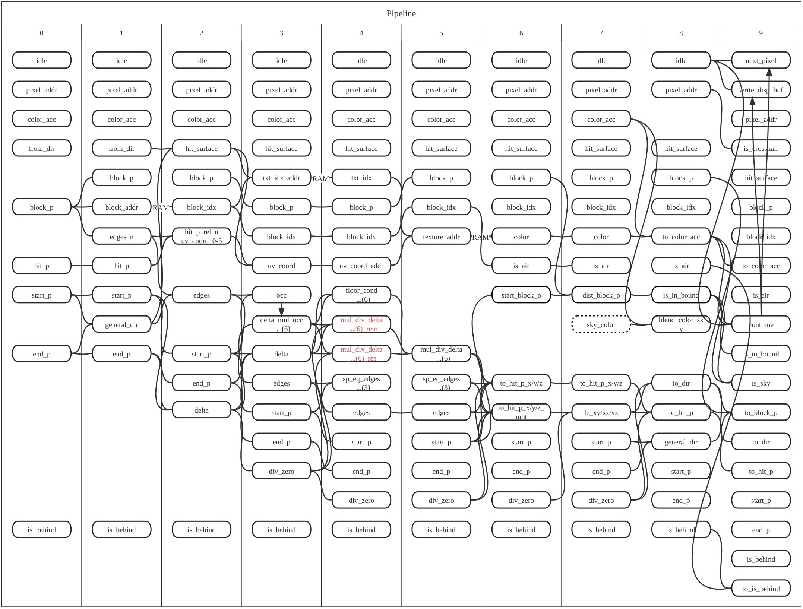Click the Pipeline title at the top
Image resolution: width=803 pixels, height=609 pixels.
pyautogui.click(x=401, y=14)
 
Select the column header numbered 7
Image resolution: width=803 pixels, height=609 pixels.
pyautogui.click(x=601, y=33)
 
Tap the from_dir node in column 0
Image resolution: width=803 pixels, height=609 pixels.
pyautogui.click(x=41, y=148)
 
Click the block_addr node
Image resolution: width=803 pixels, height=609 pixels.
pyautogui.click(x=121, y=207)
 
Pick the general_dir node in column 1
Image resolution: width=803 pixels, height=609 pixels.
pyautogui.click(x=121, y=324)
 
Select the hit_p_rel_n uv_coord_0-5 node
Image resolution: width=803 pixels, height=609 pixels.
pyautogui.click(x=201, y=237)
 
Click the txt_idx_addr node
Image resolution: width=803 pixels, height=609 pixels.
pyautogui.click(x=281, y=178)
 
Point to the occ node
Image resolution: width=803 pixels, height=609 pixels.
pyautogui.click(x=281, y=295)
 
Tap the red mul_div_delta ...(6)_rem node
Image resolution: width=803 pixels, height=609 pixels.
pyautogui.click(x=361, y=324)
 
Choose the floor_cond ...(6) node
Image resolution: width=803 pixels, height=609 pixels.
pyautogui.click(x=361, y=295)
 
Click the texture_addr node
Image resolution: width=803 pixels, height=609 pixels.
pyautogui.click(x=441, y=237)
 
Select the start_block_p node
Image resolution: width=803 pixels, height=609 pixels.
pyautogui.click(x=521, y=295)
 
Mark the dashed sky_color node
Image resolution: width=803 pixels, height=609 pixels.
pyautogui.click(x=601, y=324)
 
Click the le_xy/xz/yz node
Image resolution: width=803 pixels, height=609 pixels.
pyautogui.click(x=601, y=412)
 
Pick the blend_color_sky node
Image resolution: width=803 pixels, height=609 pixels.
pyautogui.click(x=681, y=324)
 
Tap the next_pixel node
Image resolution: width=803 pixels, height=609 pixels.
pyautogui.click(x=761, y=60)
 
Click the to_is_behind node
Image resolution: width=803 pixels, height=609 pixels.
pyautogui.click(x=761, y=589)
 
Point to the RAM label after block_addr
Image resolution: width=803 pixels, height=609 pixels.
pyautogui.click(x=161, y=207)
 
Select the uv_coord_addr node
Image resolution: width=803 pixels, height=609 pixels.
pyautogui.click(x=361, y=266)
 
